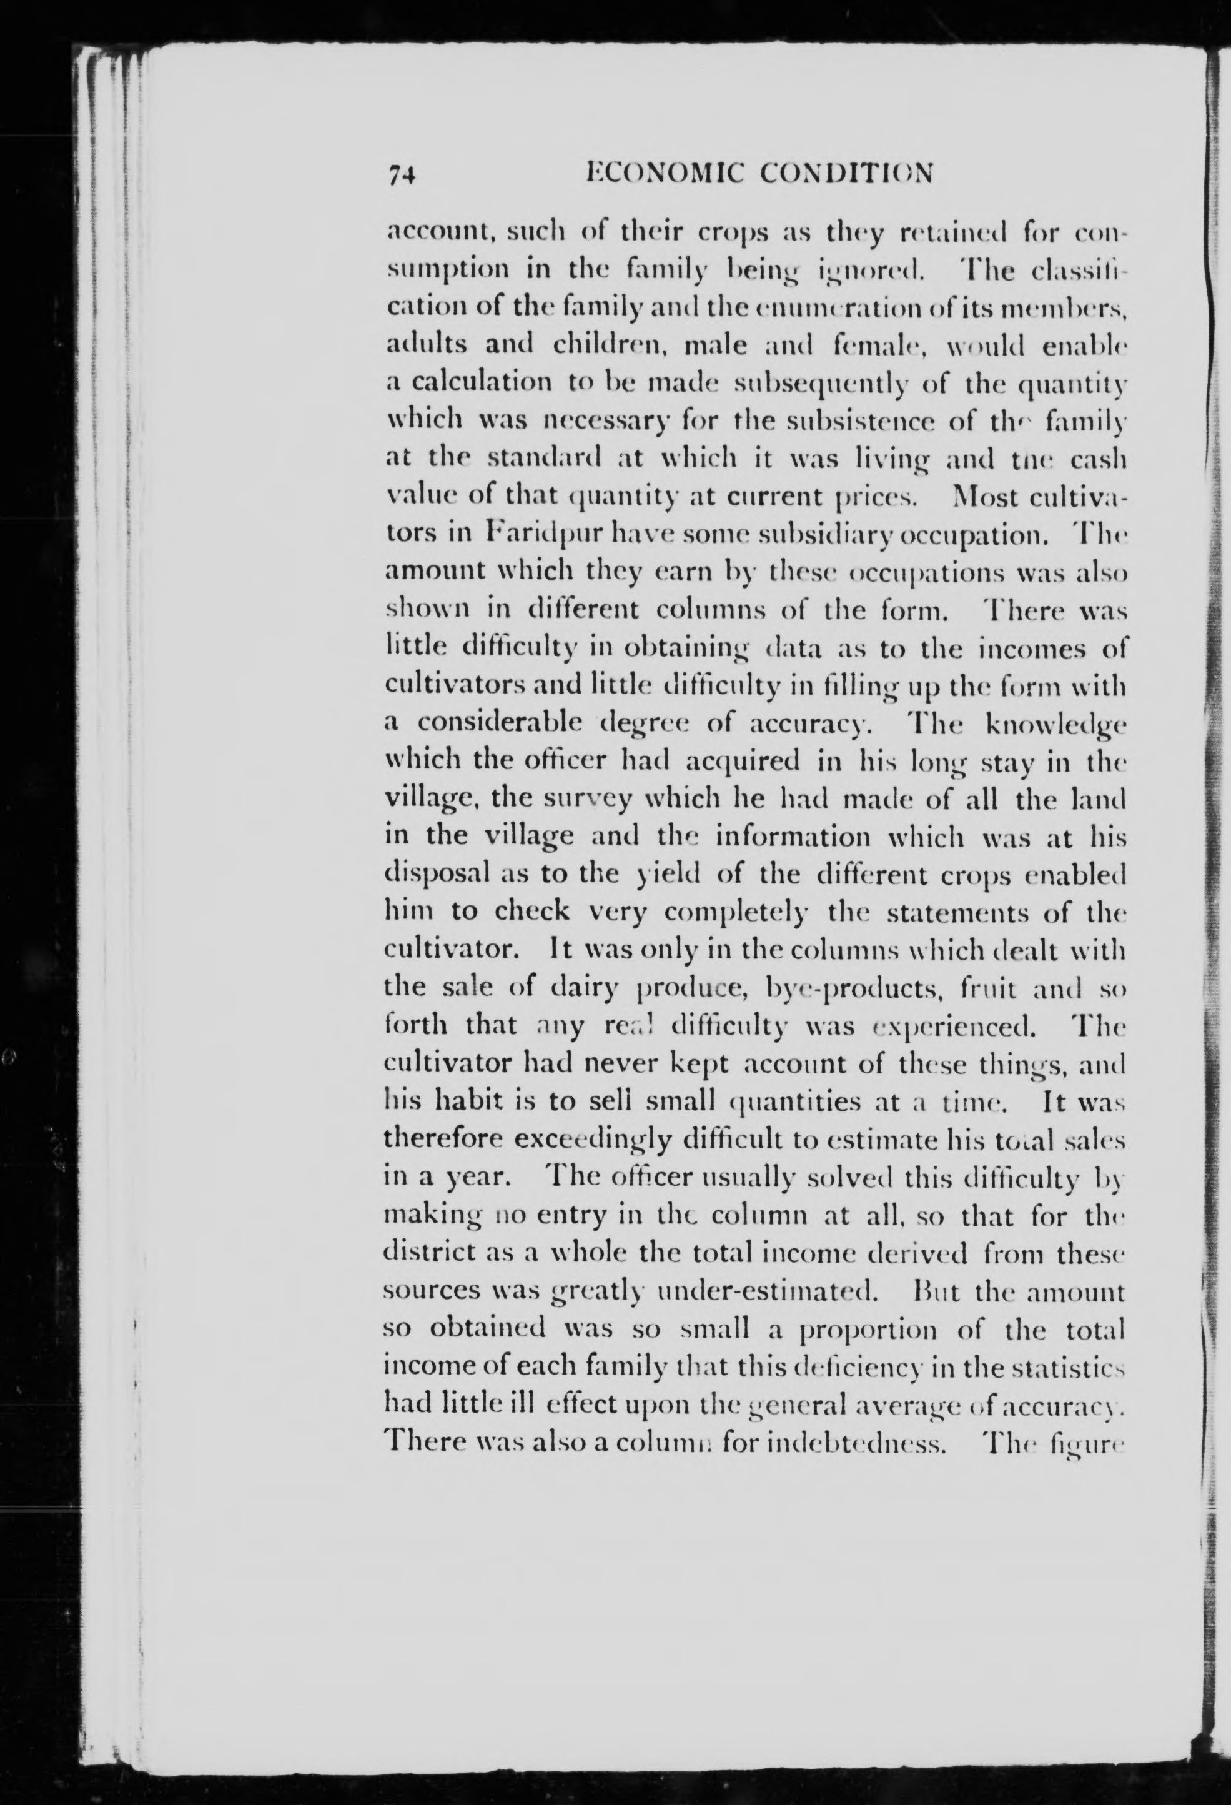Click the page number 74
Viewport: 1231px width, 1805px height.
pyautogui.click(x=403, y=176)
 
